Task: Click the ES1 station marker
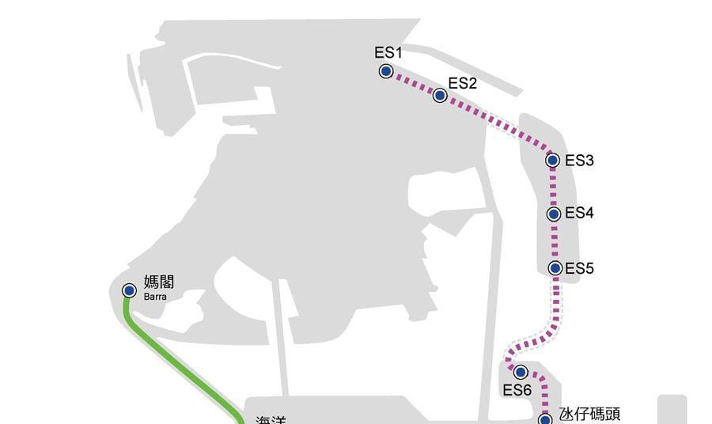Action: point(386,71)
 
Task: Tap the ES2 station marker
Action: point(441,96)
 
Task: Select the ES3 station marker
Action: point(553,161)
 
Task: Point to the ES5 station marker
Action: point(555,268)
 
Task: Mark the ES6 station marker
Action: point(521,372)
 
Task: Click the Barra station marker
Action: point(129,291)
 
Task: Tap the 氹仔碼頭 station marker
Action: point(545,419)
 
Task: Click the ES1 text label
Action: point(388,53)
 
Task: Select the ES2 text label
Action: point(462,83)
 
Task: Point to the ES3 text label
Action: point(579,161)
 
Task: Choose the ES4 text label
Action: point(579,214)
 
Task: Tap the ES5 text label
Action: point(579,268)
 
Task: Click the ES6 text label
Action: point(517,389)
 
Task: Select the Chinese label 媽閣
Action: point(159,282)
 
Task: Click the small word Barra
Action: point(155,297)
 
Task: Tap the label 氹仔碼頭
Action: point(589,414)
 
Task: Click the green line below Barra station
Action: point(182,356)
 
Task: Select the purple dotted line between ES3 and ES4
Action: point(554,187)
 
